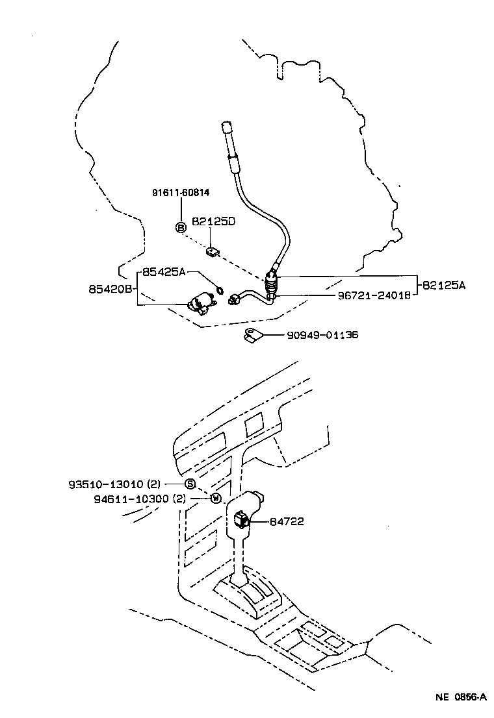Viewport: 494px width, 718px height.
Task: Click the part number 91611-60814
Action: tap(181, 192)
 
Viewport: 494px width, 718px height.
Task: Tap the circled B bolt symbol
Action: tap(181, 227)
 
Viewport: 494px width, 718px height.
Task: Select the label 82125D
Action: tap(213, 221)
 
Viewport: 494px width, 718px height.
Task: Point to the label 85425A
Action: tap(164, 272)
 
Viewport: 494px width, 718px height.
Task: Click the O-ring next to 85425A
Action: tap(220, 290)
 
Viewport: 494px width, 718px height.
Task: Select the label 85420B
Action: tap(110, 289)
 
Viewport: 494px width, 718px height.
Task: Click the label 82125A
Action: tap(443, 285)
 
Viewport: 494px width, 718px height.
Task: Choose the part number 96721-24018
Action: tap(374, 295)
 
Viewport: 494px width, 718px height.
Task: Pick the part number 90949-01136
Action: tap(322, 335)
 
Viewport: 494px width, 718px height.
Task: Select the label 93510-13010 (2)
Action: tap(114, 484)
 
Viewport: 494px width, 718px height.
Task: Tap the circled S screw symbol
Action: tap(190, 484)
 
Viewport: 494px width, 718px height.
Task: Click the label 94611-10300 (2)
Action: tap(140, 499)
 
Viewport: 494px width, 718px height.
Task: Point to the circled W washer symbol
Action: tap(216, 498)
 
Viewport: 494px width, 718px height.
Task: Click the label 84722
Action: tap(287, 521)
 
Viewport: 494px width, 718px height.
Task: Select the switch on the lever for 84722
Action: tap(241, 519)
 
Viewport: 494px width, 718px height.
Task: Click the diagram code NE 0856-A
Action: tap(461, 697)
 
